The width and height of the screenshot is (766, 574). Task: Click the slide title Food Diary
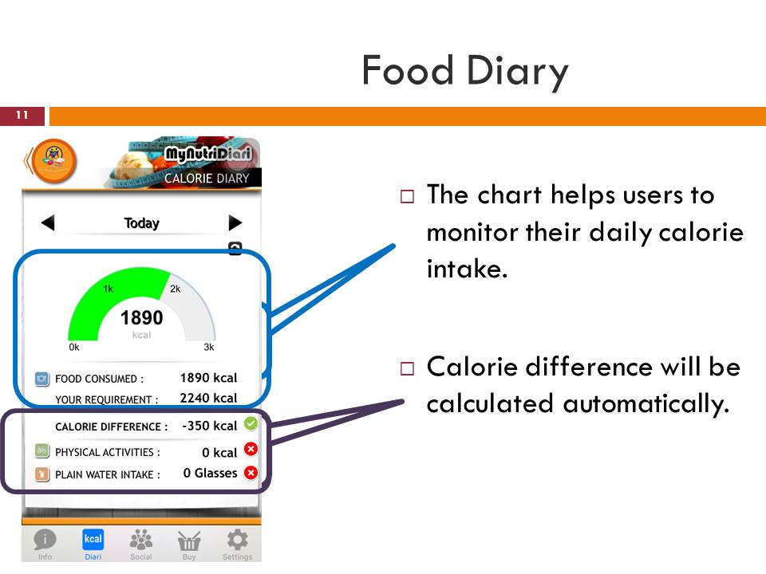tap(464, 71)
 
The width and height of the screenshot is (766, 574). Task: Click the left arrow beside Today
tap(48, 223)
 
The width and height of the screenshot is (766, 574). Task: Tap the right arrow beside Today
tap(235, 223)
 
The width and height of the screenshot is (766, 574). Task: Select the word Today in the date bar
tap(141, 223)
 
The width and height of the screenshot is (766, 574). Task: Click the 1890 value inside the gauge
tap(141, 318)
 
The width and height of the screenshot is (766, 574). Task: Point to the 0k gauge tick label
tap(74, 348)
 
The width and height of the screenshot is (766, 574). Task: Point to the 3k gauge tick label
tap(209, 348)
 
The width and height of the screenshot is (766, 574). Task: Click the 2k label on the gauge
tap(176, 289)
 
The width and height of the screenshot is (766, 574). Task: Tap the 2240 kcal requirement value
tap(208, 398)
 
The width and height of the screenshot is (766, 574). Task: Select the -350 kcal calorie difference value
tap(209, 426)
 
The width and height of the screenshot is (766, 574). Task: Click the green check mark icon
tap(251, 423)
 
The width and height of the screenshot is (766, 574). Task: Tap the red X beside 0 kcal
tap(251, 450)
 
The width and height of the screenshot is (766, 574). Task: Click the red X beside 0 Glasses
tap(251, 473)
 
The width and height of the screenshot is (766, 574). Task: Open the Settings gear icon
tap(237, 540)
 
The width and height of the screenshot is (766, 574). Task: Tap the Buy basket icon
tap(189, 541)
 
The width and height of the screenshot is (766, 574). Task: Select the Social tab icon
tap(141, 540)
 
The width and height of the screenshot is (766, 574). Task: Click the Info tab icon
tap(45, 540)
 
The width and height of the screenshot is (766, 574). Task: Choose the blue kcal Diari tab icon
tap(93, 540)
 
